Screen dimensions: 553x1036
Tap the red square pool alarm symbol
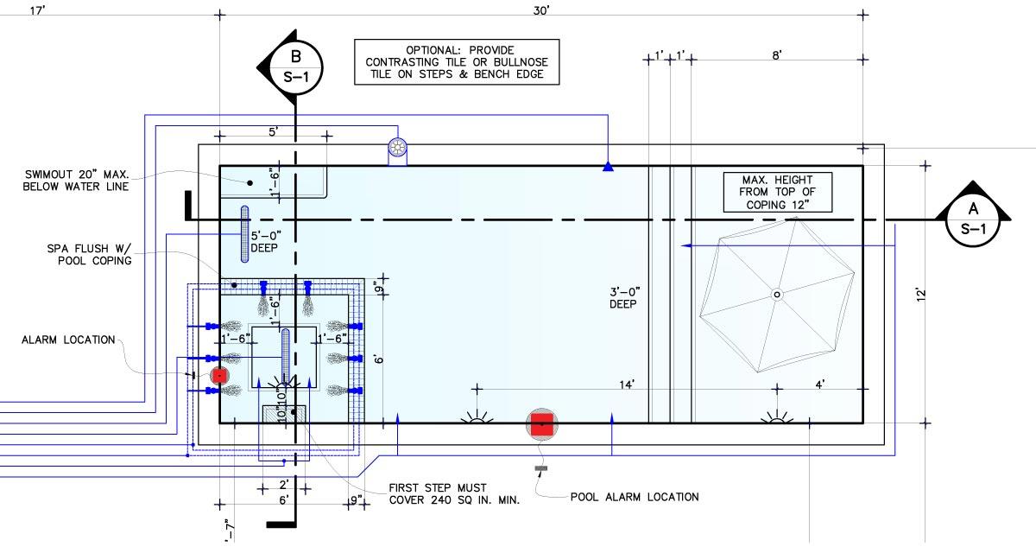(x=542, y=423)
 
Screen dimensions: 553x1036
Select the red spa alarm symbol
(x=219, y=375)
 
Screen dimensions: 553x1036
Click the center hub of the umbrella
(x=776, y=295)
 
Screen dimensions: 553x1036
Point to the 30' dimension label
(x=541, y=10)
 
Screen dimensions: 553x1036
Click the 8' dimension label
(x=777, y=55)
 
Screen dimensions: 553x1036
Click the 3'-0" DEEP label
(x=627, y=298)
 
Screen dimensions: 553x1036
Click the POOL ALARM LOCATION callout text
(x=635, y=497)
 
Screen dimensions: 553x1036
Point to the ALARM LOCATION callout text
(x=68, y=340)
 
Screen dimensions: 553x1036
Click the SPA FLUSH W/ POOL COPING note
(x=89, y=255)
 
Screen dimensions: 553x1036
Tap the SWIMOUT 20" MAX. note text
(x=79, y=179)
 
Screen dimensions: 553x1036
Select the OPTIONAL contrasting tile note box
(x=457, y=62)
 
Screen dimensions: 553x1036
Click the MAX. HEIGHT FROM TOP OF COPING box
(x=779, y=192)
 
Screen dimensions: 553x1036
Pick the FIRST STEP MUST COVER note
(x=454, y=493)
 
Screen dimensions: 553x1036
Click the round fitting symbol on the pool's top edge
(x=398, y=149)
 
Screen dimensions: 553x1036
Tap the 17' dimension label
(x=36, y=10)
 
